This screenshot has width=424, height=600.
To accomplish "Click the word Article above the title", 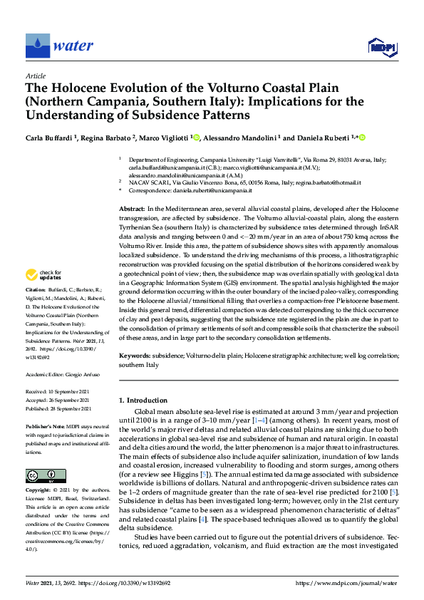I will (35, 76).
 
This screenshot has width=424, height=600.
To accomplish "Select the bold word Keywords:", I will (135, 354).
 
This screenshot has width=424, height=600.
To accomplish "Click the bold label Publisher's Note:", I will (45, 425).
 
